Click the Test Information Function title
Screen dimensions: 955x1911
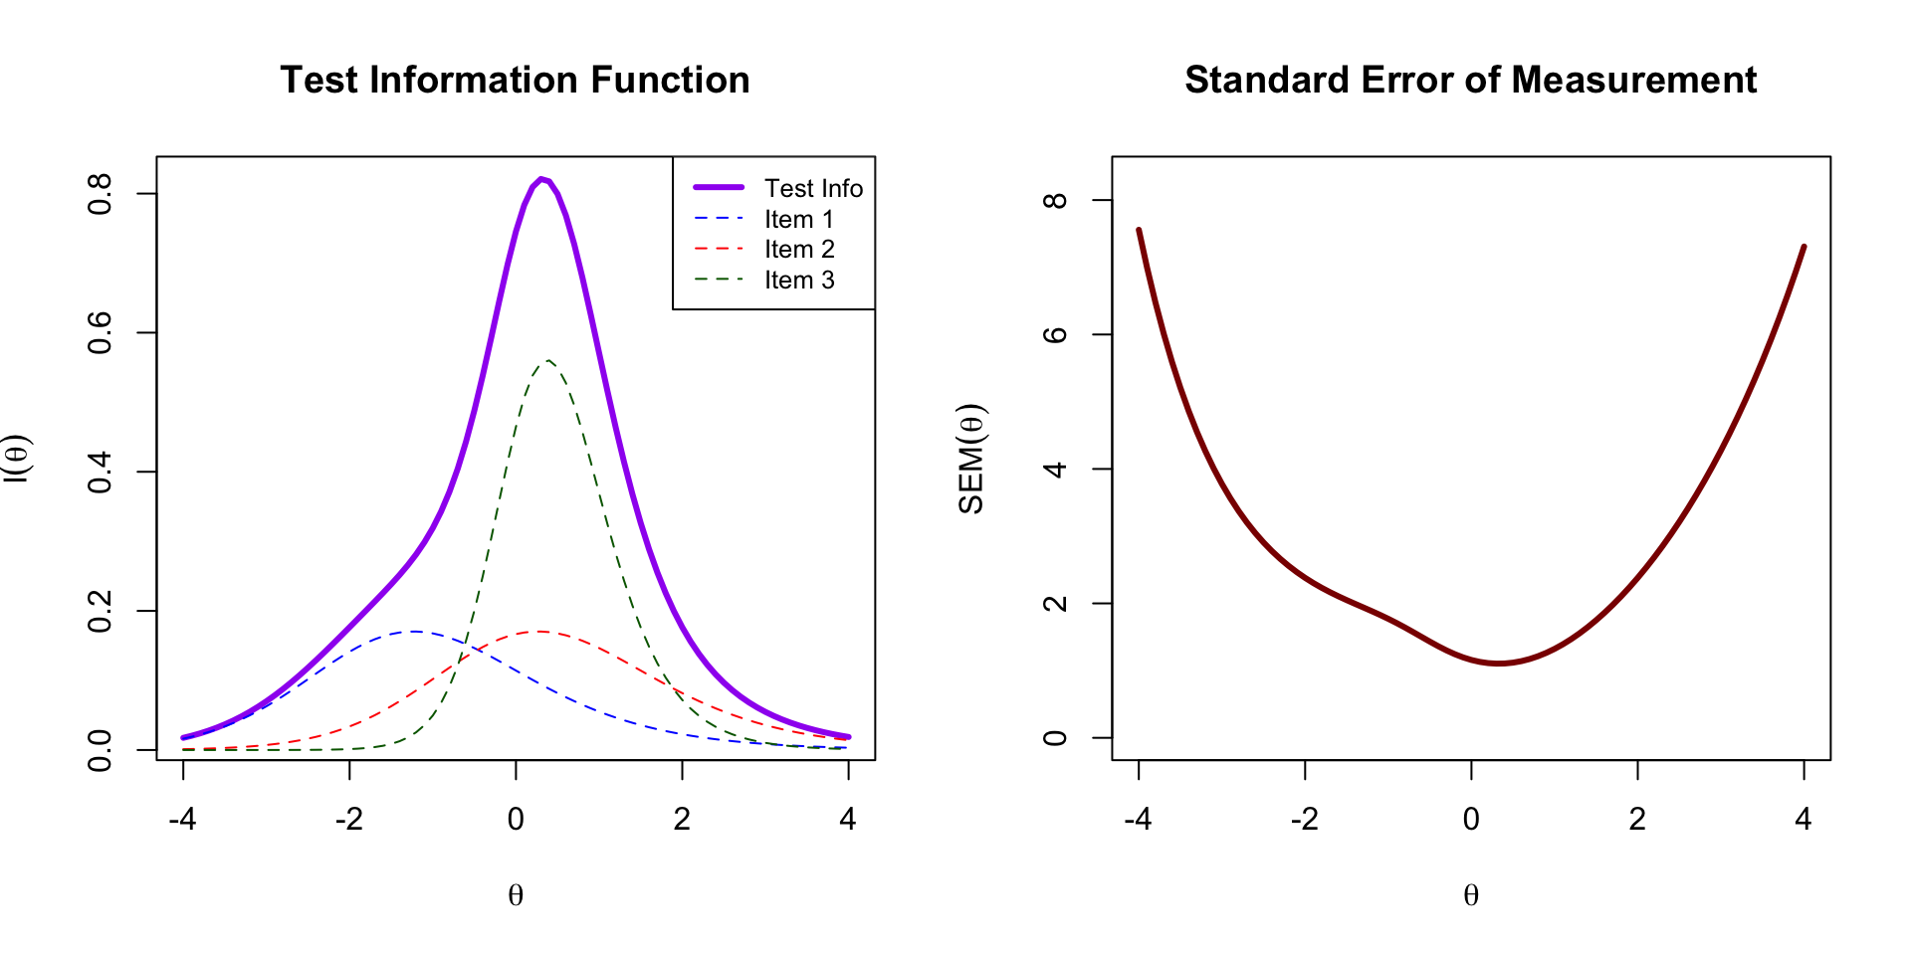[x=515, y=80]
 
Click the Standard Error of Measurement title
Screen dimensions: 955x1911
[x=1470, y=80]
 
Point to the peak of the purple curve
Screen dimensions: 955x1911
[x=541, y=179]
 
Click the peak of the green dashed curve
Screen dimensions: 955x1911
[x=547, y=360]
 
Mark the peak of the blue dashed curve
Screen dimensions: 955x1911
[x=414, y=631]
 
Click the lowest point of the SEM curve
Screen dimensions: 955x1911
[x=1499, y=664]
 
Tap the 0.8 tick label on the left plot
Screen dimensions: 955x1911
[x=100, y=194]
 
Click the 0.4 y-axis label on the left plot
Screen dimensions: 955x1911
[x=100, y=472]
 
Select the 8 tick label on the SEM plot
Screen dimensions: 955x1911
[x=1055, y=200]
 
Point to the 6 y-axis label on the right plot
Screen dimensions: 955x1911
[x=1055, y=334]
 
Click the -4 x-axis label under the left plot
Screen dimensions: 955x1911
[x=182, y=819]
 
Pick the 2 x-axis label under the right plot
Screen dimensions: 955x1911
[x=1637, y=819]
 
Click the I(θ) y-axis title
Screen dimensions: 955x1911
[x=18, y=459]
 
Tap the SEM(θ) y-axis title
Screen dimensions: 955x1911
[x=971, y=459]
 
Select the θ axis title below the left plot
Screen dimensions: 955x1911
[x=516, y=895]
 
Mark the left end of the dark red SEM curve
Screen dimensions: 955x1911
[x=1139, y=230]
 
